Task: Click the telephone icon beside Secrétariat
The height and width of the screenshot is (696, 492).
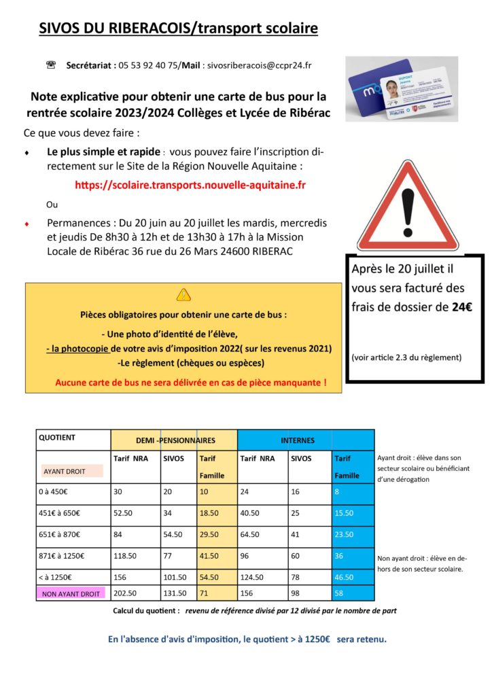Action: point(50,65)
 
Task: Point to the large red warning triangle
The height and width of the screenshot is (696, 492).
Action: point(408,211)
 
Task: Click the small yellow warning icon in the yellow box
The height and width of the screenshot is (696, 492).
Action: point(183,294)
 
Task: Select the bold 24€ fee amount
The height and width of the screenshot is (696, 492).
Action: point(460,307)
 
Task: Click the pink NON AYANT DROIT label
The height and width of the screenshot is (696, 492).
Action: point(71,593)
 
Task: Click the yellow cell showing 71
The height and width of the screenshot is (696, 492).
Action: point(204,593)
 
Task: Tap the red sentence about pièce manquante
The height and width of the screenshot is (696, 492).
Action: point(190,383)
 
